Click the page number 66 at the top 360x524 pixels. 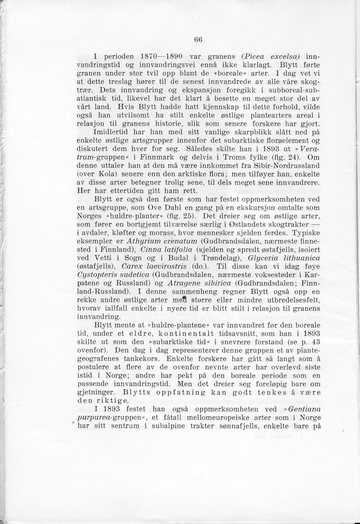click(x=199, y=39)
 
